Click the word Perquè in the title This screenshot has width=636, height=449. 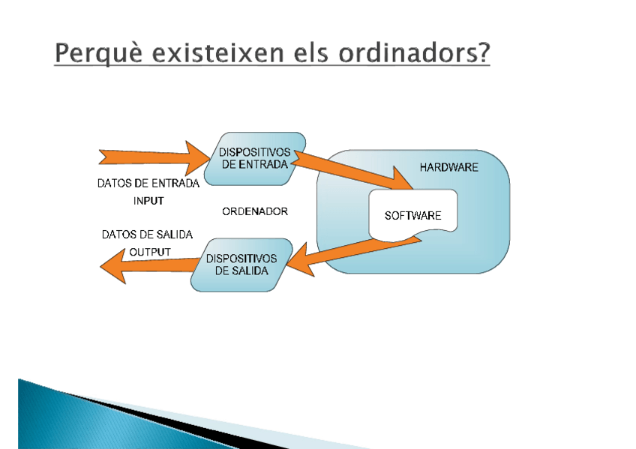pos(99,53)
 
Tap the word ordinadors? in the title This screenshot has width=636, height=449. pos(414,52)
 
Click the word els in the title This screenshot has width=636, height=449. pos(311,52)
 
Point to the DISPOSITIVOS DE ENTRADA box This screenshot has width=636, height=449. pos(255,159)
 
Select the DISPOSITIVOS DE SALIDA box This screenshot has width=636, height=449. pos(241,265)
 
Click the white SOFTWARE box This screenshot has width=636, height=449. pos(413,215)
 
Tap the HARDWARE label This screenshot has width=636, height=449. pos(449,167)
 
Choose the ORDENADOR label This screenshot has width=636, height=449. pos(255,211)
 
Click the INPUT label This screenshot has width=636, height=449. pos(148,201)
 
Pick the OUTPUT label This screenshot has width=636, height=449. pos(150,252)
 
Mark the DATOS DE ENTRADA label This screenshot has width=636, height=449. pos(148,184)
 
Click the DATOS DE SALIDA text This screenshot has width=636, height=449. pos(147,235)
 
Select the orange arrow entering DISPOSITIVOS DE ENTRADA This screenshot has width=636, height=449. pos(154,157)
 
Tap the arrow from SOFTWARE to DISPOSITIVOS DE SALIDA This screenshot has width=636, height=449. pos(353,256)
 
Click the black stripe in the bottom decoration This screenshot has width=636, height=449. pos(175,421)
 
